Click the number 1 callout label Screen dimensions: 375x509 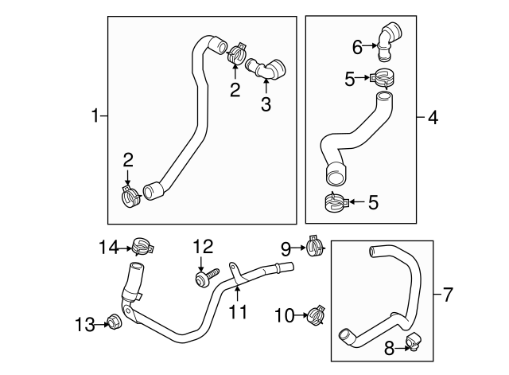click(x=95, y=117)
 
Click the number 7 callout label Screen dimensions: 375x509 click(x=447, y=296)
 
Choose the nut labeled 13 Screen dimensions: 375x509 click(x=113, y=322)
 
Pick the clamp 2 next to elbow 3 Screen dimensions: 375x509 click(x=236, y=56)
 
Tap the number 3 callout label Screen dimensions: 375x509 click(x=266, y=104)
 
